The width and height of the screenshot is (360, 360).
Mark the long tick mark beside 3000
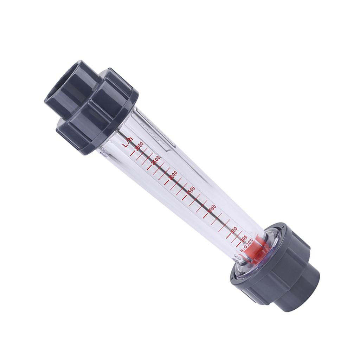pyautogui.click(x=133, y=153)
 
